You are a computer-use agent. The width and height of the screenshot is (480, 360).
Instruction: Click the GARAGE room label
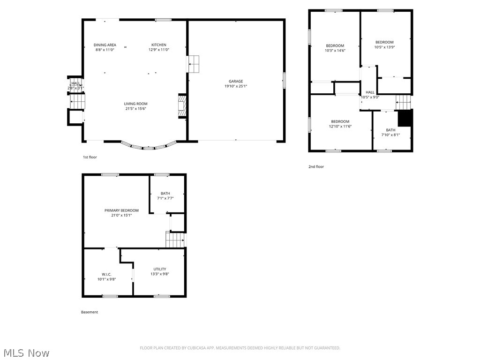(236, 81)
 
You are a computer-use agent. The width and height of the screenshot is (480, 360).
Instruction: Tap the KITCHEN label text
(158, 45)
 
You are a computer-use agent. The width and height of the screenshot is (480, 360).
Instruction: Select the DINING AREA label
(105, 45)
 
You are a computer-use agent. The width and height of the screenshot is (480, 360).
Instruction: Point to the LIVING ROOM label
(135, 104)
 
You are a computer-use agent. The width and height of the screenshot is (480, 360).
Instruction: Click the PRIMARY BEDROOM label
(121, 210)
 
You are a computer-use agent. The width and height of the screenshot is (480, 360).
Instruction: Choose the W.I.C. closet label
(106, 274)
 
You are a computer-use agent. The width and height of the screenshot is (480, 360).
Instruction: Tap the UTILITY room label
(159, 269)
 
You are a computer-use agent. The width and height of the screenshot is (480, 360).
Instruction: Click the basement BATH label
(165, 193)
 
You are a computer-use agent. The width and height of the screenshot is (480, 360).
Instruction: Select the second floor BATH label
(390, 130)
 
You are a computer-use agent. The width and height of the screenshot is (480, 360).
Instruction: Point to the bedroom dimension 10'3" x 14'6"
(335, 50)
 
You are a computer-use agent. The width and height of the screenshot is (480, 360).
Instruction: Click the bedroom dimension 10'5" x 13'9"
(384, 47)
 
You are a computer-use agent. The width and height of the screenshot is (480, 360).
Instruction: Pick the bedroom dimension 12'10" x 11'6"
(340, 126)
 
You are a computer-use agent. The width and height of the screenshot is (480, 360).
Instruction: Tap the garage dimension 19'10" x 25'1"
(236, 86)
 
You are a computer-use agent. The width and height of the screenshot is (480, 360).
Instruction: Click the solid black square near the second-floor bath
(405, 118)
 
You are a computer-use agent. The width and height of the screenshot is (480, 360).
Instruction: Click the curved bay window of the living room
(148, 147)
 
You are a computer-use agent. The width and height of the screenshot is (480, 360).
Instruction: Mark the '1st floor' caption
(90, 157)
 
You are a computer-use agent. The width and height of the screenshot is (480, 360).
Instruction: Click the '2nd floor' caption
(316, 166)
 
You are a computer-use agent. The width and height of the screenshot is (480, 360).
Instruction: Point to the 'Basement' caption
(90, 312)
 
